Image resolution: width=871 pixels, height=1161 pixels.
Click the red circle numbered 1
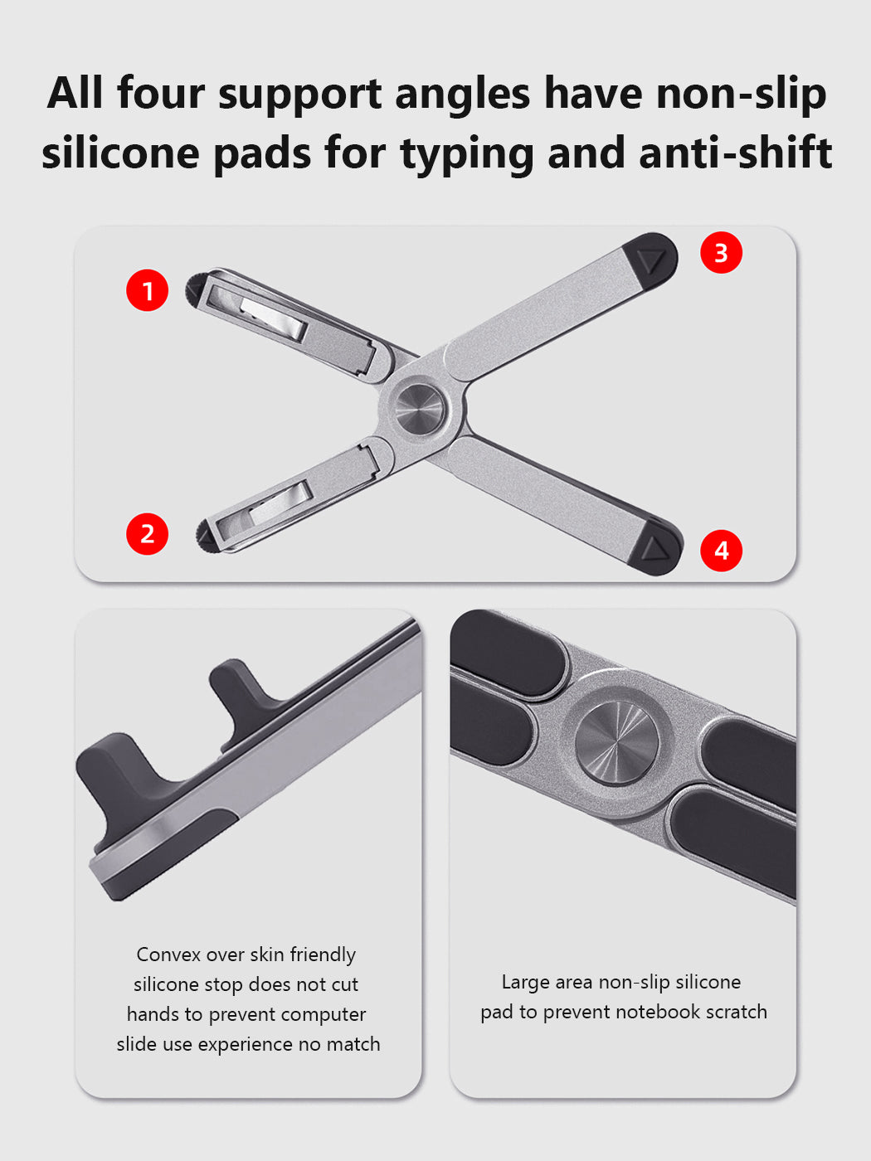[x=147, y=290]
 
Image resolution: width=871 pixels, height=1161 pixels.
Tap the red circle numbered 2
[x=147, y=534]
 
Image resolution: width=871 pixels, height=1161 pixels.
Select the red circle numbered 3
[x=722, y=252]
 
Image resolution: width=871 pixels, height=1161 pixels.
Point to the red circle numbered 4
[x=722, y=551]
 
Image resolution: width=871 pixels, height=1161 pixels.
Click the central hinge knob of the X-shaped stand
[x=420, y=410]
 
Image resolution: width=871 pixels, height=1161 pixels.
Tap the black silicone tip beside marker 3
[x=650, y=260]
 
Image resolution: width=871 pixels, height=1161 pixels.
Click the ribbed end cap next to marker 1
[x=194, y=290]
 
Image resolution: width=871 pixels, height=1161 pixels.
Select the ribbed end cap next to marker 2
[x=205, y=535]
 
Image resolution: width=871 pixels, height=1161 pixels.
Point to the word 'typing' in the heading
[x=467, y=154]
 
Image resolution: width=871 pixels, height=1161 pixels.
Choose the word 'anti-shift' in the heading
[x=736, y=153]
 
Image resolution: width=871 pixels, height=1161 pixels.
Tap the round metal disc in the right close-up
[x=616, y=743]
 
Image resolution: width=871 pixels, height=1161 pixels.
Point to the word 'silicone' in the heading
[x=120, y=153]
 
